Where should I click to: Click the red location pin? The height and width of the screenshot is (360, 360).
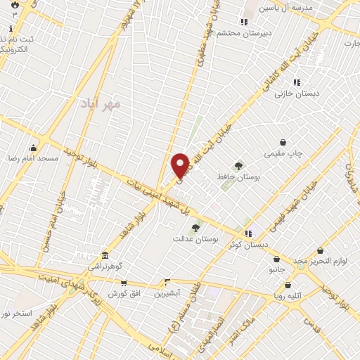(181, 165)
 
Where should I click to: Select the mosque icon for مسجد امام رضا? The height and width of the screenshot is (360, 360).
(33, 148)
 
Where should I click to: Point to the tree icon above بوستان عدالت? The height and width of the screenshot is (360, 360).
(195, 227)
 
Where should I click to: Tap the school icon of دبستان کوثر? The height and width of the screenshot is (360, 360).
(247, 233)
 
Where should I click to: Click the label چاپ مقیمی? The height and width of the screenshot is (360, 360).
(281, 153)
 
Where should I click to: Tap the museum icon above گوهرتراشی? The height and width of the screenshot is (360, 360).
(105, 255)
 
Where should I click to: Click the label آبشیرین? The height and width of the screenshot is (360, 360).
(168, 292)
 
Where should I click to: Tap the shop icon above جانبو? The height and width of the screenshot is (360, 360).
(276, 259)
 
